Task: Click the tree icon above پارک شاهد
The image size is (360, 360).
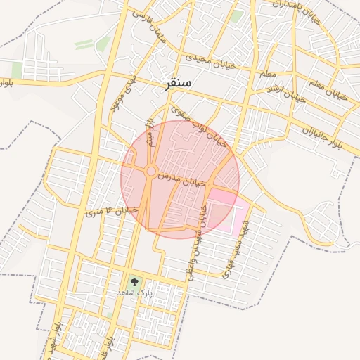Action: (x=134, y=281)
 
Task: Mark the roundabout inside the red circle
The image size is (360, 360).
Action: (x=150, y=171)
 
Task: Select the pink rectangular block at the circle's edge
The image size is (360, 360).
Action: (x=224, y=210)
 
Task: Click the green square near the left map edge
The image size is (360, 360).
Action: (x=17, y=70)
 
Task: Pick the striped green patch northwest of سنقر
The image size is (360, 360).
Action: (x=84, y=44)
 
